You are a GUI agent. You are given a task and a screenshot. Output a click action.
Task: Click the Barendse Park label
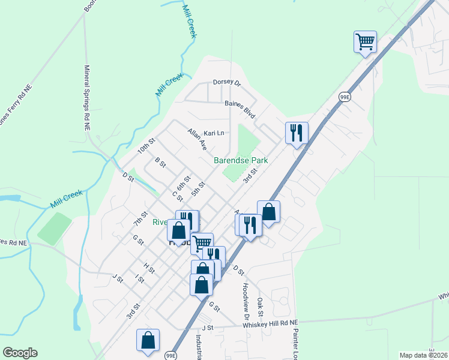click(x=241, y=161)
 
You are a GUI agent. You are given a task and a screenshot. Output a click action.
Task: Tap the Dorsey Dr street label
click(x=226, y=83)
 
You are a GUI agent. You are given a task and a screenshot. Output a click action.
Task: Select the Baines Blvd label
click(x=240, y=107)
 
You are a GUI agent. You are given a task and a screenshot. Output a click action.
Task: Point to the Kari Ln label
click(x=213, y=133)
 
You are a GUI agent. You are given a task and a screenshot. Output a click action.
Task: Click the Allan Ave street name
click(x=197, y=139)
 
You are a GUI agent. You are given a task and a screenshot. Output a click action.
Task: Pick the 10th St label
click(x=146, y=146)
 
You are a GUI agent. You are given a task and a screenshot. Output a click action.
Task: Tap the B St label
click(x=160, y=163)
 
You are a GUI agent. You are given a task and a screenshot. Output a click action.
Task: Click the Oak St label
click(x=260, y=307)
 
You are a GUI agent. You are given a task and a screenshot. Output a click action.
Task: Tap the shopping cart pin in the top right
click(x=365, y=42)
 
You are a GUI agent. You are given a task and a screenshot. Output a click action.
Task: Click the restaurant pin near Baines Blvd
click(x=297, y=133)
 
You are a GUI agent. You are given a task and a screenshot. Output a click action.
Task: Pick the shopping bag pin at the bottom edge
click(x=148, y=340)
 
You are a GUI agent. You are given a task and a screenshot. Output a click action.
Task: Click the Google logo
click(x=20, y=353)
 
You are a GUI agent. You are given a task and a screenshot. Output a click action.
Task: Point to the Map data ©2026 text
click(x=423, y=355)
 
